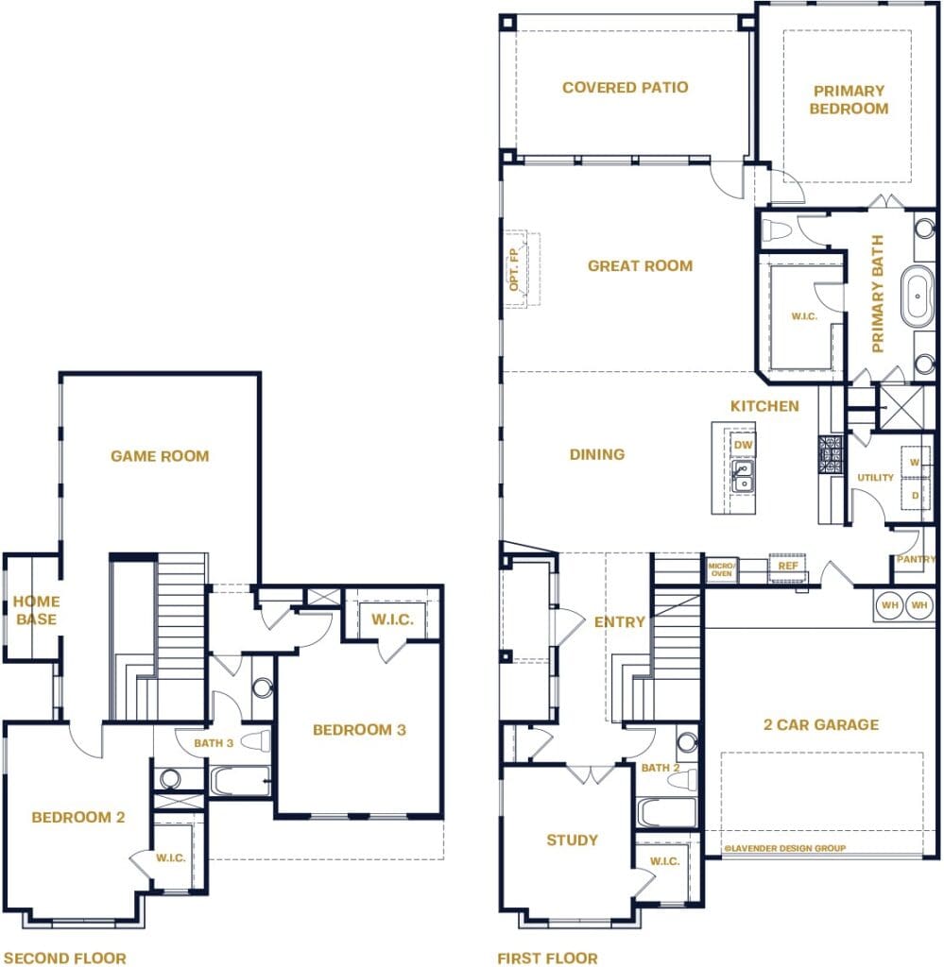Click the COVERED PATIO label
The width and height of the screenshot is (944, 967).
(x=625, y=88)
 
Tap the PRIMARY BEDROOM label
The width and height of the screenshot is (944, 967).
(x=849, y=99)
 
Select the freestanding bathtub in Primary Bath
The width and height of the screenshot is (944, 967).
(x=918, y=296)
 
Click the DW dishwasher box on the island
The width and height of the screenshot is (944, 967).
(x=743, y=444)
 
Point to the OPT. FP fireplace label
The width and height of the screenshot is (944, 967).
(x=515, y=267)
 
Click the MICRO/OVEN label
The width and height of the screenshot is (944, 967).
(x=720, y=569)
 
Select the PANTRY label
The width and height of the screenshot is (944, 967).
(x=916, y=560)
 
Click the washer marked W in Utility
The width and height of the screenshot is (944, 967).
(x=915, y=462)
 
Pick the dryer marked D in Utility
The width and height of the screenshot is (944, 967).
(x=915, y=494)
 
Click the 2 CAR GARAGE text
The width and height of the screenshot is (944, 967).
(x=820, y=725)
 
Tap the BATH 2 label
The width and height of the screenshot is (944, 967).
(x=661, y=768)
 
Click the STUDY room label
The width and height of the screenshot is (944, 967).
(x=572, y=840)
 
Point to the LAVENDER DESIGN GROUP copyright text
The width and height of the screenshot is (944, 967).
(x=784, y=848)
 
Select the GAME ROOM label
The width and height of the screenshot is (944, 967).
(x=160, y=456)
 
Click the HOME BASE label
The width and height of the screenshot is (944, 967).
(x=37, y=610)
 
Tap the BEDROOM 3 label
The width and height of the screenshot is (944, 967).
(x=358, y=729)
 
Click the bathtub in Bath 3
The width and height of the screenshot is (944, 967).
(x=240, y=781)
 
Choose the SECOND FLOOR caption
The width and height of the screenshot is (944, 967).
(x=64, y=958)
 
